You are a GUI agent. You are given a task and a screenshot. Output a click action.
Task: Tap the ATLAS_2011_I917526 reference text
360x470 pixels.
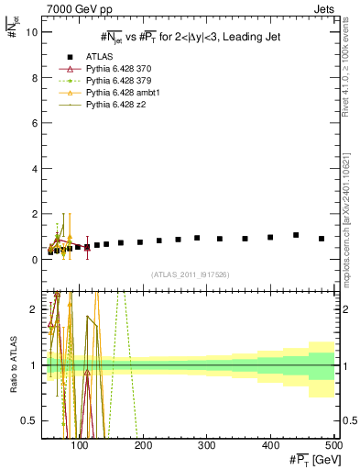(x=191, y=274)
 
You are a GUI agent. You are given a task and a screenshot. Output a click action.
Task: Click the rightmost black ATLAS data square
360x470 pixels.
(x=322, y=239)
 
